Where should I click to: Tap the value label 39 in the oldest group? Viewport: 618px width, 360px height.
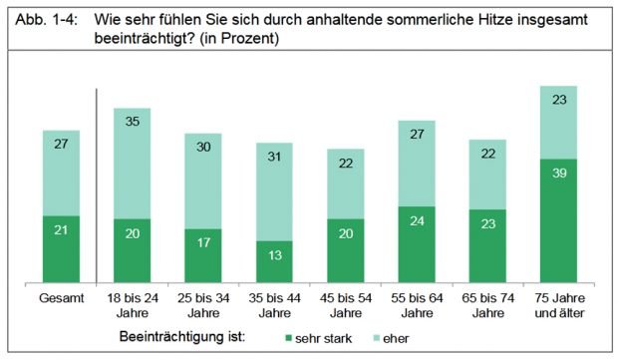pyautogui.click(x=559, y=171)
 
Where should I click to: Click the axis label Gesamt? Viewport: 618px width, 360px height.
pyautogui.click(x=61, y=298)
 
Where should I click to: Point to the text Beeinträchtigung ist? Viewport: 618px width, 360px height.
pyautogui.click(x=182, y=337)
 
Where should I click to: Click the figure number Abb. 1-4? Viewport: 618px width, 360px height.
pyautogui.click(x=42, y=20)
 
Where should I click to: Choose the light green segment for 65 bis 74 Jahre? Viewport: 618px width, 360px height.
pyautogui.click(x=487, y=175)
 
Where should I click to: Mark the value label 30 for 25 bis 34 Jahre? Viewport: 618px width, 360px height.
pyautogui.click(x=202, y=146)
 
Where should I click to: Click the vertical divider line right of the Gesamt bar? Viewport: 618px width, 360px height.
pyautogui.click(x=96, y=184)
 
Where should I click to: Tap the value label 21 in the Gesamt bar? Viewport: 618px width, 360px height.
pyautogui.click(x=61, y=231)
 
